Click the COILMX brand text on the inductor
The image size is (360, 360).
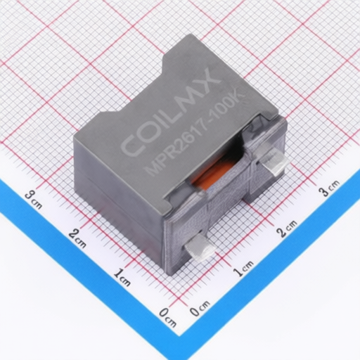point(171,114)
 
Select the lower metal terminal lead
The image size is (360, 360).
point(199,247)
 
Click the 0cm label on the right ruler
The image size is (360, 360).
point(200,308)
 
